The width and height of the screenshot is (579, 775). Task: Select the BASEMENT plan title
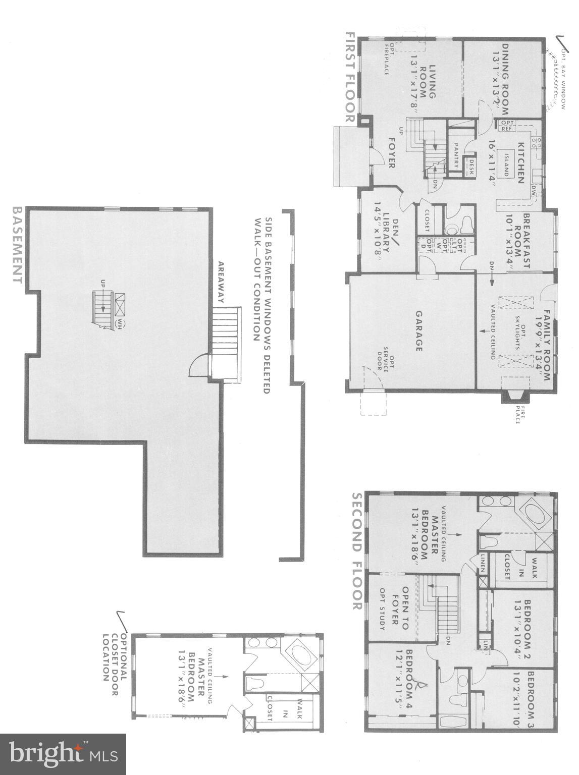point(17,245)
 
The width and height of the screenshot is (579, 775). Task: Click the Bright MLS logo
point(63,754)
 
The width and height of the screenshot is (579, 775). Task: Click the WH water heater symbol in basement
point(120,322)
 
